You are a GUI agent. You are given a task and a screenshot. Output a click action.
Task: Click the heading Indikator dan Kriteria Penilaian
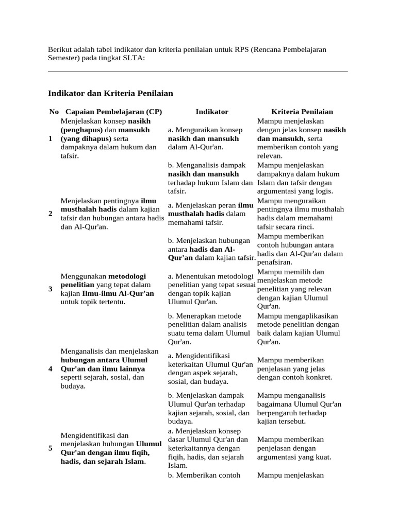point(110,93)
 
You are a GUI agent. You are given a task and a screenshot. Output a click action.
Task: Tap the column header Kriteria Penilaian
point(302,112)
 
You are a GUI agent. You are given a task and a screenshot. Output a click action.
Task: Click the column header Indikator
point(212,112)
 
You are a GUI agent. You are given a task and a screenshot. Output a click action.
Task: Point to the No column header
point(54,112)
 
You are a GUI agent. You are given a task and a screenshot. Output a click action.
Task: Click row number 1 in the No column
point(51,139)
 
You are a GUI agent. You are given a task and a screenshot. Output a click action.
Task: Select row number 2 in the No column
point(51,214)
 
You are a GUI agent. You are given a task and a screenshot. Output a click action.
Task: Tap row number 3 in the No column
point(51,289)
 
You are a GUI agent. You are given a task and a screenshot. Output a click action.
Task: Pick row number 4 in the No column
point(51,369)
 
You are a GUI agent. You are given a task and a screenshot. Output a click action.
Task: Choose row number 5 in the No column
point(51,448)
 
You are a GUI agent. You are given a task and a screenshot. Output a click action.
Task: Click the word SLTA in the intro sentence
point(134,58)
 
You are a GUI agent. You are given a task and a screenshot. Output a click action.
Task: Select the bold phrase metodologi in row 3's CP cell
point(129,276)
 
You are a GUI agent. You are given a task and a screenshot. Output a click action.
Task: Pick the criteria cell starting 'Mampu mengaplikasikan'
point(299,328)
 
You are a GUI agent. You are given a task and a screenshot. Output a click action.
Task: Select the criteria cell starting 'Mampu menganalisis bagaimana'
point(299,409)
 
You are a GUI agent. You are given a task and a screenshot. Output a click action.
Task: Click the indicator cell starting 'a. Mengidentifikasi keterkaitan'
point(210,368)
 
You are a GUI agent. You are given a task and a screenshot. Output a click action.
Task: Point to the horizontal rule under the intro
point(198,72)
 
